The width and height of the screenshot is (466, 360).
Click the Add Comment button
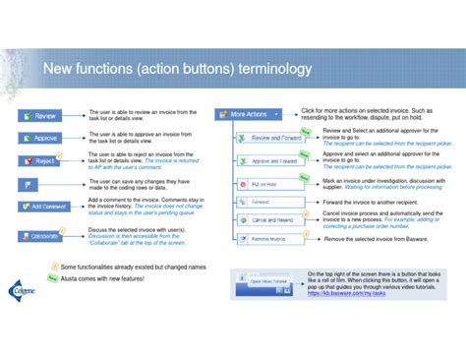[41, 207]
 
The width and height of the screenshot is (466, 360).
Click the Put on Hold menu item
[262, 183]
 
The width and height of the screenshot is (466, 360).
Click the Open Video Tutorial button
[265, 280]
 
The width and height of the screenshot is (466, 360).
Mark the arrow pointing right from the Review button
[74, 115]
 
